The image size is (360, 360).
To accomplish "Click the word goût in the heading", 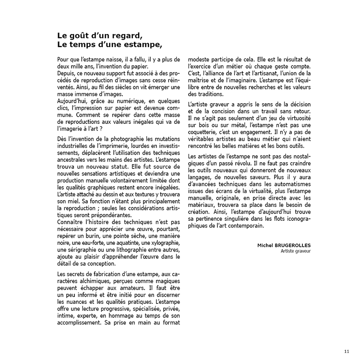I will click(x=81, y=36).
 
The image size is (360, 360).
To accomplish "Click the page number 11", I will click(x=347, y=350).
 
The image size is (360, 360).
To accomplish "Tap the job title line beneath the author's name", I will click(x=296, y=251).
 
